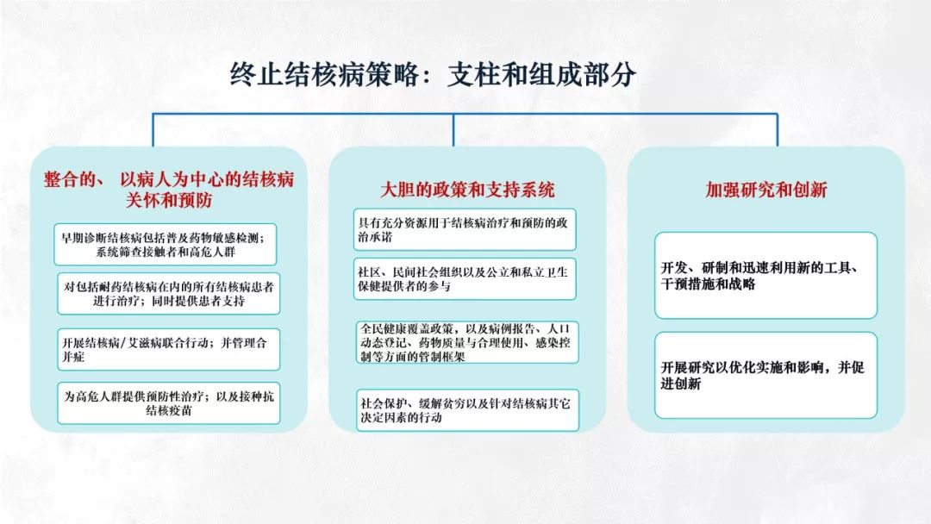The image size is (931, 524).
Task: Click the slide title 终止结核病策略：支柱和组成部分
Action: coord(433,75)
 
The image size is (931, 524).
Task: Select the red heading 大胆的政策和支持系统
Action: coord(467,190)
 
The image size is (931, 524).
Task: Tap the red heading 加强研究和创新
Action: coord(766,190)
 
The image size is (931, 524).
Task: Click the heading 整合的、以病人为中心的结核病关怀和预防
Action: coord(169,190)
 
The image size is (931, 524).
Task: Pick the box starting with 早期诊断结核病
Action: coord(165,245)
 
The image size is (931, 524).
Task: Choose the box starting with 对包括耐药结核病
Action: coord(169,294)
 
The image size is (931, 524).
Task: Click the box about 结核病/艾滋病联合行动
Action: coord(169,350)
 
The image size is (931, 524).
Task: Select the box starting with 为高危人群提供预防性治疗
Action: coord(169,403)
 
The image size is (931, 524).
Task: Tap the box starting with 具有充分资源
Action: coord(465,229)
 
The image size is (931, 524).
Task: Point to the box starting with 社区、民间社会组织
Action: coord(465,279)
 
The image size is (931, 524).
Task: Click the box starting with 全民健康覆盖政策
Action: coord(467,342)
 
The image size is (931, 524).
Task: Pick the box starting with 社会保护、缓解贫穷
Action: coord(467,410)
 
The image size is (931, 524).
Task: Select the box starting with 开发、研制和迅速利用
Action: coord(766,275)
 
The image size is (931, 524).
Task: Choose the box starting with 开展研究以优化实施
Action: coord(766,375)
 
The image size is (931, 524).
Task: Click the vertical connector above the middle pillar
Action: coord(453,130)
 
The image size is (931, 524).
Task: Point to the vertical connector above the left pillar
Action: coord(153,130)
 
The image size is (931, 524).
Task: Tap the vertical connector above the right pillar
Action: coord(778,130)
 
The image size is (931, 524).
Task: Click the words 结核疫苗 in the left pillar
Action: coord(169,410)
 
